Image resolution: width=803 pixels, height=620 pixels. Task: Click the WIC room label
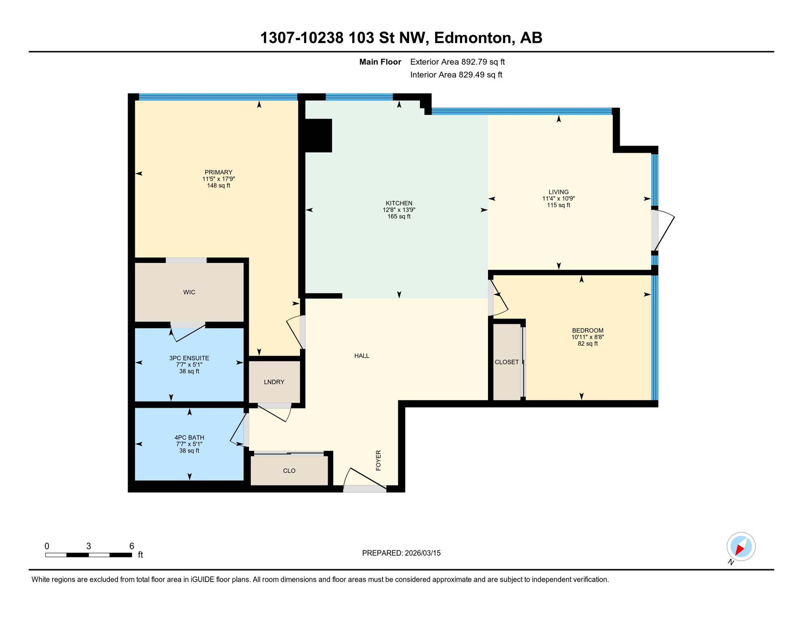189,292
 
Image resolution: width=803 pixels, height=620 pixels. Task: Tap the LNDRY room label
274,382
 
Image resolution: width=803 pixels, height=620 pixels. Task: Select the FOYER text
378,460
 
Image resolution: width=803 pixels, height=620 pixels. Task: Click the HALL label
362,356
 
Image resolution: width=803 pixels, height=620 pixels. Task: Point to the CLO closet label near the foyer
289,471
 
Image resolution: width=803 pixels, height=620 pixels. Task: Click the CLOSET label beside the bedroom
507,362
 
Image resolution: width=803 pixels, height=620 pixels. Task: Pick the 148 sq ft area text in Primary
219,186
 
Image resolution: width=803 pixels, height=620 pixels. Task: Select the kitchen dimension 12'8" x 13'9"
399,210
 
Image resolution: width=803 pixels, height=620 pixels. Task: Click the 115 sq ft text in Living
558,205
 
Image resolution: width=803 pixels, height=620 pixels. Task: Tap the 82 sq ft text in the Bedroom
587,344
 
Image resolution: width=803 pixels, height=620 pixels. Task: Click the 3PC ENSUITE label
189,358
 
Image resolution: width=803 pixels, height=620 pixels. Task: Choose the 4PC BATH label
189,438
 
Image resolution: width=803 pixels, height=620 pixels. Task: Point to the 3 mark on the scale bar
88,546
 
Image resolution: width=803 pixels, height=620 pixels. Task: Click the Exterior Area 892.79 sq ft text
457,62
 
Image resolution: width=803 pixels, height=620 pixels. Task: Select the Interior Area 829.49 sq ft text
456,75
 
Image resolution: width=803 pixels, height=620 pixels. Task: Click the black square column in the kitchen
318,136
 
